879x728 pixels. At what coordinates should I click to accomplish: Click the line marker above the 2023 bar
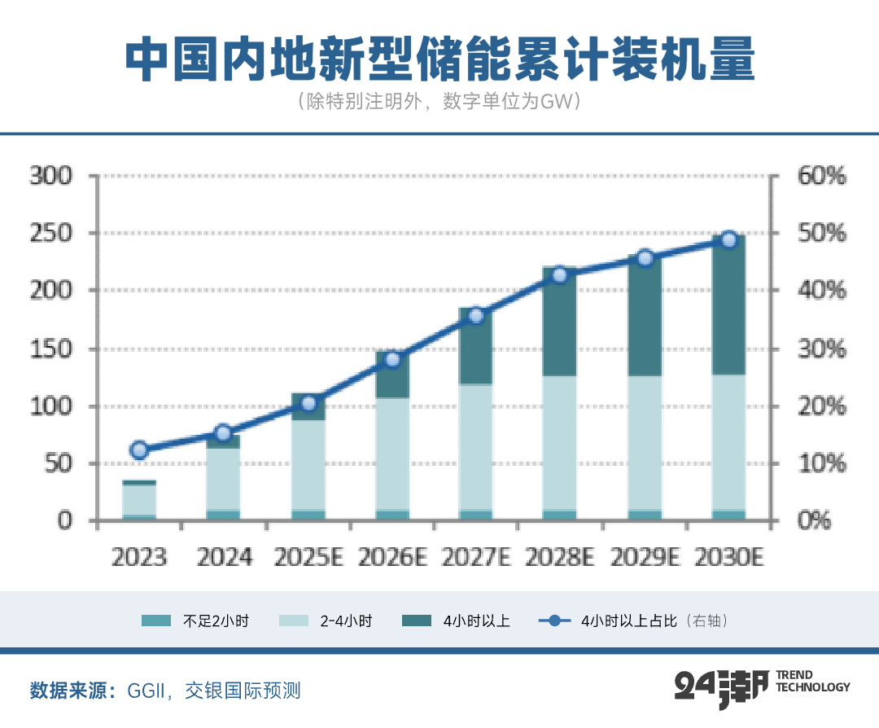(x=139, y=450)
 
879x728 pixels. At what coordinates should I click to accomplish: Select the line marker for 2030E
(x=728, y=239)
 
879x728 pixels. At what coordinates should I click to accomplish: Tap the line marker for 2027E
(x=476, y=316)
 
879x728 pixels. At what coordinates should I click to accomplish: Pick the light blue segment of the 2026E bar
(x=391, y=454)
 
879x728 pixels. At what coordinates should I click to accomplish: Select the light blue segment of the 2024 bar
(x=223, y=479)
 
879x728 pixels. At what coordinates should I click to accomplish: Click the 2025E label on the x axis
(x=308, y=558)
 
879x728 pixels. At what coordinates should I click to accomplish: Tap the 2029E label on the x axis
(x=645, y=558)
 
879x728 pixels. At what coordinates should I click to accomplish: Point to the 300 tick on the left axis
(x=51, y=176)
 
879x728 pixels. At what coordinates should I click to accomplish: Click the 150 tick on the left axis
(x=51, y=349)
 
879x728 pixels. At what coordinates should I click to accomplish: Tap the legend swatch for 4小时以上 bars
(x=417, y=621)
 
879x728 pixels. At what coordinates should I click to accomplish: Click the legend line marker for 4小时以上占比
(x=554, y=621)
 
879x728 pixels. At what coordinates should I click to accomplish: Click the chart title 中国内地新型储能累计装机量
(x=439, y=59)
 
